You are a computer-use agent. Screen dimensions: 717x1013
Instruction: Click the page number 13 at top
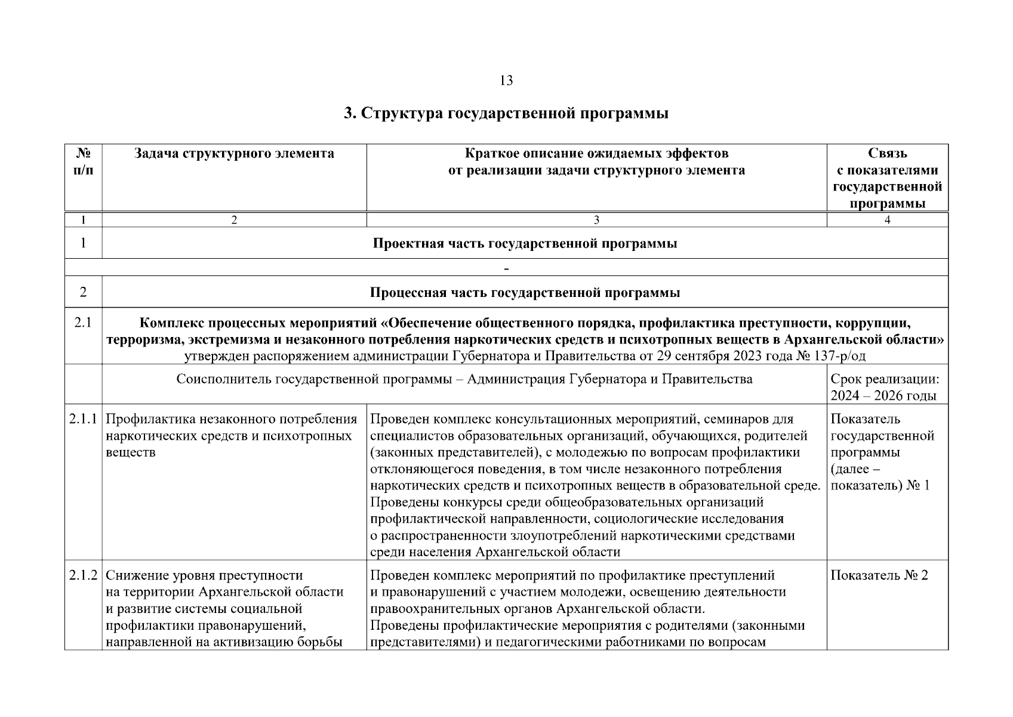[x=506, y=81]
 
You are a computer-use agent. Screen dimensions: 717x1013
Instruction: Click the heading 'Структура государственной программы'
[x=506, y=114]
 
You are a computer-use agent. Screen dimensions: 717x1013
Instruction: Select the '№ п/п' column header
[x=83, y=162]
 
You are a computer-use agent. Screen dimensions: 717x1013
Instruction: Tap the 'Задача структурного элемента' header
[x=234, y=154]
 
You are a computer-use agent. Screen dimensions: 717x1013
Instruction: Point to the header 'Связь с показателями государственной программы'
[x=887, y=178]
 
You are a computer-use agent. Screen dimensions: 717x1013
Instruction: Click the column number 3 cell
[x=596, y=220]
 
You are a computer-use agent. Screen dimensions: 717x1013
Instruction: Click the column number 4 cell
[x=887, y=220]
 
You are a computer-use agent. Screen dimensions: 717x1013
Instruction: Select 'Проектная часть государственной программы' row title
[x=525, y=243]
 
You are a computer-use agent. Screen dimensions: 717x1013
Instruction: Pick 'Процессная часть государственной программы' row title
[x=525, y=293]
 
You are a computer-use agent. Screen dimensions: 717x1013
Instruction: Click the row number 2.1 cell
[x=83, y=323]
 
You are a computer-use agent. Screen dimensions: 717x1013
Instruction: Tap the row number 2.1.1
[x=83, y=419]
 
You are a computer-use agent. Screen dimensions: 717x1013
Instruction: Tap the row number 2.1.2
[x=83, y=576]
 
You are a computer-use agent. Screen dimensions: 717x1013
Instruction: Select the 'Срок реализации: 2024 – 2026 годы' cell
[x=885, y=387]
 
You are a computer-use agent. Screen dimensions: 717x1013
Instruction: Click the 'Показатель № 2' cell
[x=879, y=576]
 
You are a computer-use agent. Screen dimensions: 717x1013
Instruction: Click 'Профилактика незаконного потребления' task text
[x=231, y=419]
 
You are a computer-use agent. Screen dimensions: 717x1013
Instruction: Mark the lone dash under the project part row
[x=506, y=269]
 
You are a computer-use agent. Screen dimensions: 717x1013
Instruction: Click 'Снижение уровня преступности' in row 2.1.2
[x=204, y=576]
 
